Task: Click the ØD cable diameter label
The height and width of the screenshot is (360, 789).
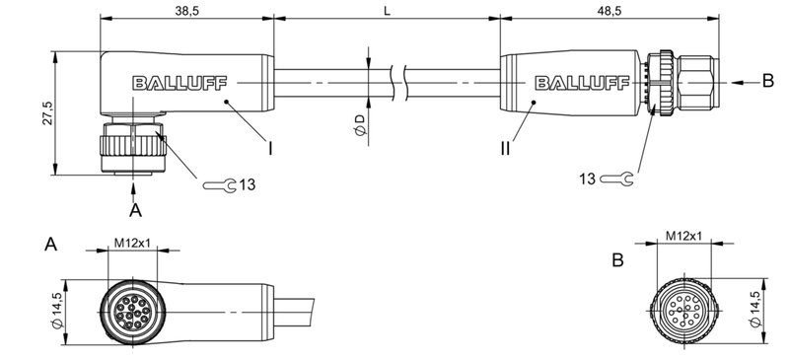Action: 360,125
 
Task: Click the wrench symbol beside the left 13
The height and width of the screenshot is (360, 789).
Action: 217,184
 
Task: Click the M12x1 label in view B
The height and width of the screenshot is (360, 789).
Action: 682,237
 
